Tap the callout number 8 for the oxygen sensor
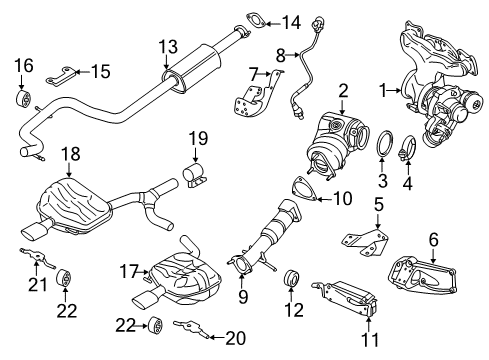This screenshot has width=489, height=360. [281, 53]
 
